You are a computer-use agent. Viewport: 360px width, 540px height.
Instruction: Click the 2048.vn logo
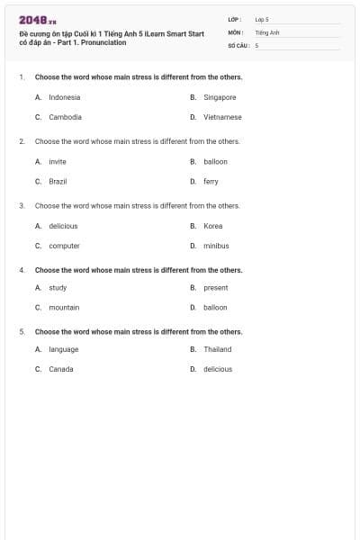point(38,20)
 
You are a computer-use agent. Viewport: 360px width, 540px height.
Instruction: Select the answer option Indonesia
point(64,97)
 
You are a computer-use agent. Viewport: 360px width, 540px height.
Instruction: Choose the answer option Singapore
point(220,97)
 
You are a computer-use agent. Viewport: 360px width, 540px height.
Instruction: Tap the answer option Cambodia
point(65,117)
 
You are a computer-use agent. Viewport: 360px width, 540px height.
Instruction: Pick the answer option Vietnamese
point(222,117)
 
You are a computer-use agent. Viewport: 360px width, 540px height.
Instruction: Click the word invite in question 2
point(58,162)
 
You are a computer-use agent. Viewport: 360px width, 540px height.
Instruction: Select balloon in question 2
point(215,162)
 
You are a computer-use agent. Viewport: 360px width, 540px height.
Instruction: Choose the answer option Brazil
point(58,181)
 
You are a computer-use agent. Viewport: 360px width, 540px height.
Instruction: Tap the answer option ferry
point(211,181)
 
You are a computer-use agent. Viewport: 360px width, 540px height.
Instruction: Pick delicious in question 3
point(63,226)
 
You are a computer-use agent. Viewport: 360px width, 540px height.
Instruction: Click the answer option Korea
point(212,226)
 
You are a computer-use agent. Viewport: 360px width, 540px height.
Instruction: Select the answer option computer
point(64,246)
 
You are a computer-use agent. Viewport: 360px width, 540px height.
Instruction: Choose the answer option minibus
point(216,246)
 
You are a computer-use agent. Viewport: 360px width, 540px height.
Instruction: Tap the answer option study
point(58,288)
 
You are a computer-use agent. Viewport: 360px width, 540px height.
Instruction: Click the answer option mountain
point(64,307)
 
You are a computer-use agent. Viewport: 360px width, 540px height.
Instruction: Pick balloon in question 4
point(215,307)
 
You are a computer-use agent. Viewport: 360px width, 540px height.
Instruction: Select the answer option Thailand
point(217,349)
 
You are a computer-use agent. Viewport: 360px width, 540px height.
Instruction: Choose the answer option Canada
point(61,369)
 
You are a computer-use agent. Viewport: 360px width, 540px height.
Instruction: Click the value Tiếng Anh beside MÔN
point(267,31)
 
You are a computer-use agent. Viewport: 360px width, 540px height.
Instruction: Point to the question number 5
point(22,331)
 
